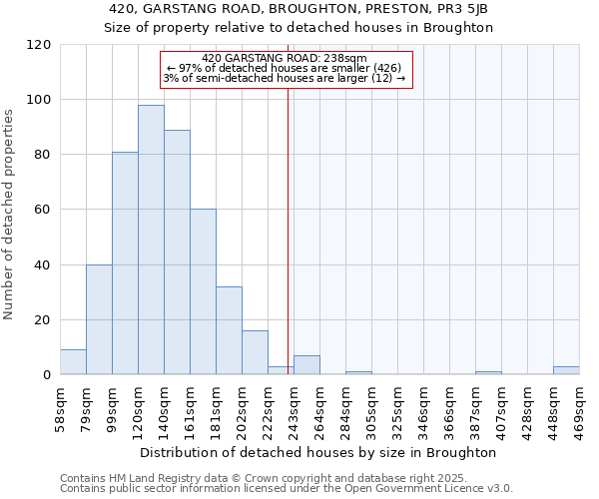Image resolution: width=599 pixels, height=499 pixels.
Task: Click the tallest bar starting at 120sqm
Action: (151, 240)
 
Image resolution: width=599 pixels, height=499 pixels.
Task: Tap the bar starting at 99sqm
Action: (125, 263)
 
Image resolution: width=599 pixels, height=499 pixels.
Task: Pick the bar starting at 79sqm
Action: (99, 319)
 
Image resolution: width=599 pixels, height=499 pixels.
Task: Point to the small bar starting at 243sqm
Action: (306, 365)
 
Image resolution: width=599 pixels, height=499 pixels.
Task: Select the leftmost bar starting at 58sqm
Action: (73, 362)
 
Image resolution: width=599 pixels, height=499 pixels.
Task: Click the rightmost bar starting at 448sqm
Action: (566, 370)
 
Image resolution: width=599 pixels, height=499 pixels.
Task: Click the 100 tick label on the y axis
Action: (39, 100)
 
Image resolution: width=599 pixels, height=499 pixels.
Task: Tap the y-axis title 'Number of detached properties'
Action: (9, 215)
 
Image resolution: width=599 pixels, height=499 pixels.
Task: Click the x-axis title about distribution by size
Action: (318, 452)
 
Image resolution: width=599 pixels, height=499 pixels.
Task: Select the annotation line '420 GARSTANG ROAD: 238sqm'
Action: (285, 59)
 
